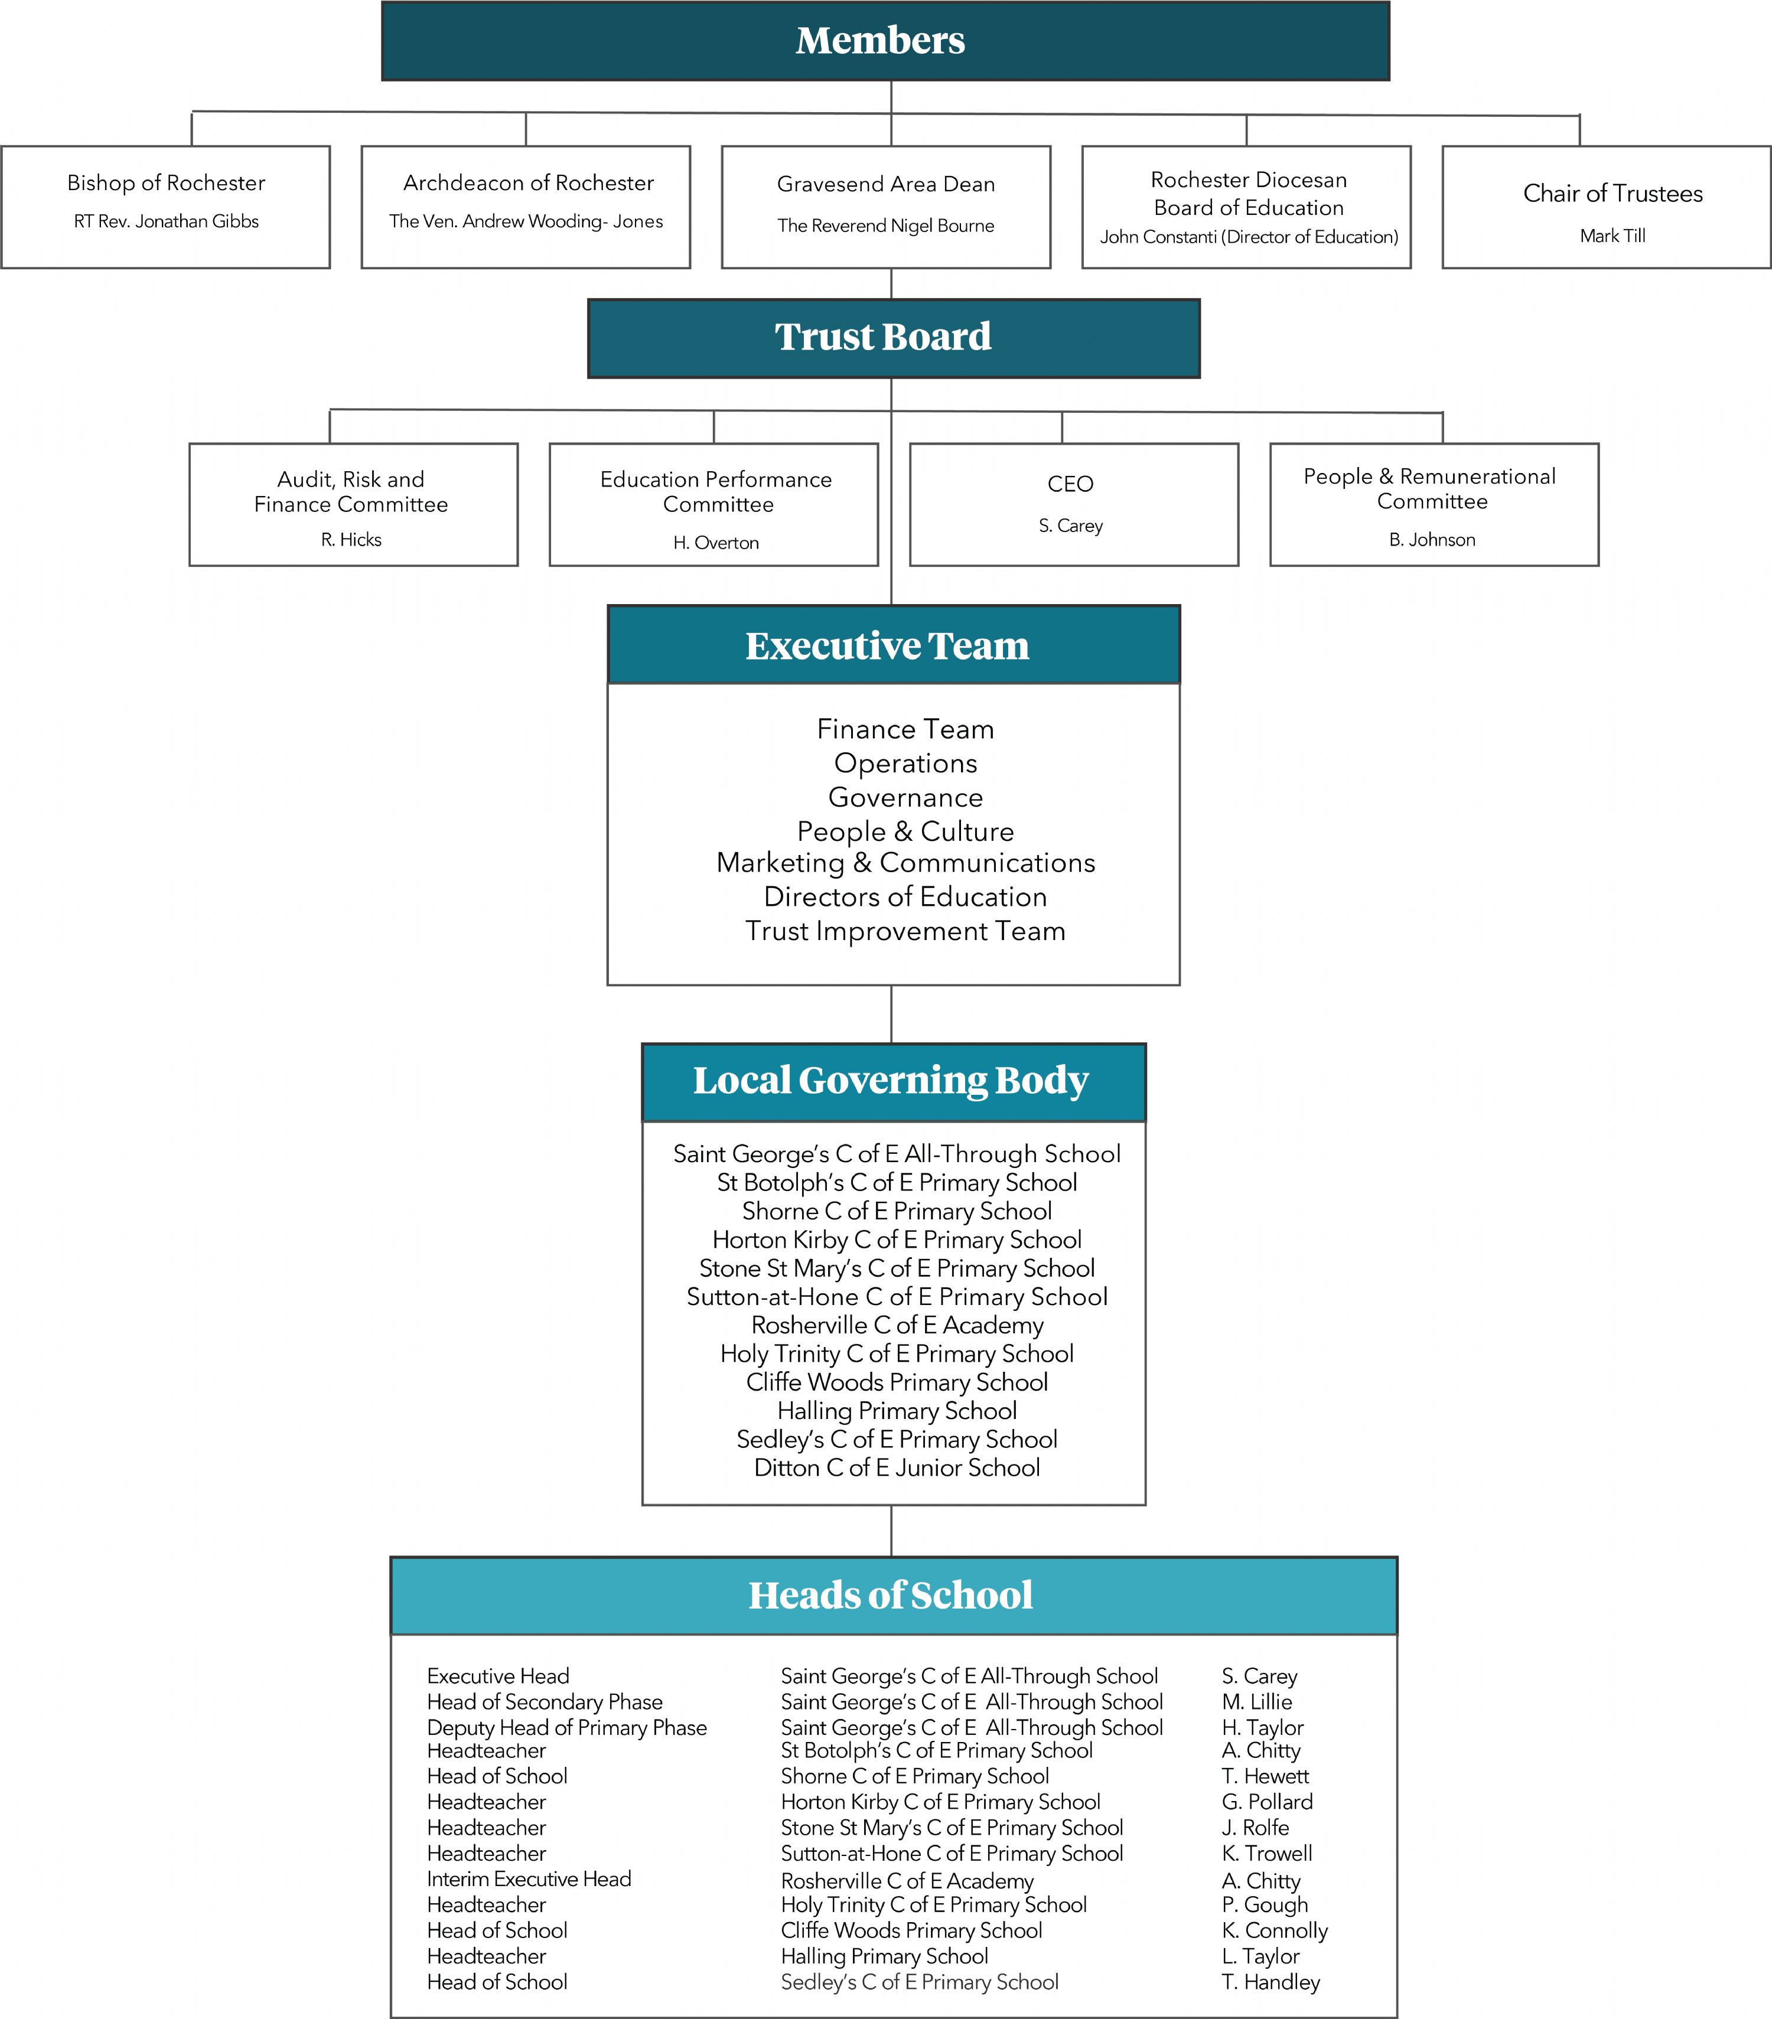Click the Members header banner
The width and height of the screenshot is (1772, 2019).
885,41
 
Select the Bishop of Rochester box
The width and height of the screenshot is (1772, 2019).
166,207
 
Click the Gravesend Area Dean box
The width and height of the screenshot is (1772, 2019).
886,207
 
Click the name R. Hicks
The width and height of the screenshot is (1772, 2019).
351,539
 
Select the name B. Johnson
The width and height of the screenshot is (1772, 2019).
1432,539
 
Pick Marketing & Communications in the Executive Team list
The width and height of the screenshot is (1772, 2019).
905,862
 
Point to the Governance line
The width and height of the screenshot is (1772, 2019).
905,797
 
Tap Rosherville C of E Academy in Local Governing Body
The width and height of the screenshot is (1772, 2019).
897,1325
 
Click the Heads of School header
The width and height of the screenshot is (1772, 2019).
894,1595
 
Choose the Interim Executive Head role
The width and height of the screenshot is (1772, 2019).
529,1878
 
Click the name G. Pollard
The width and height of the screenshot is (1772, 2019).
1267,1802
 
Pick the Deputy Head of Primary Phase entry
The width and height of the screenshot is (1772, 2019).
567,1728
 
